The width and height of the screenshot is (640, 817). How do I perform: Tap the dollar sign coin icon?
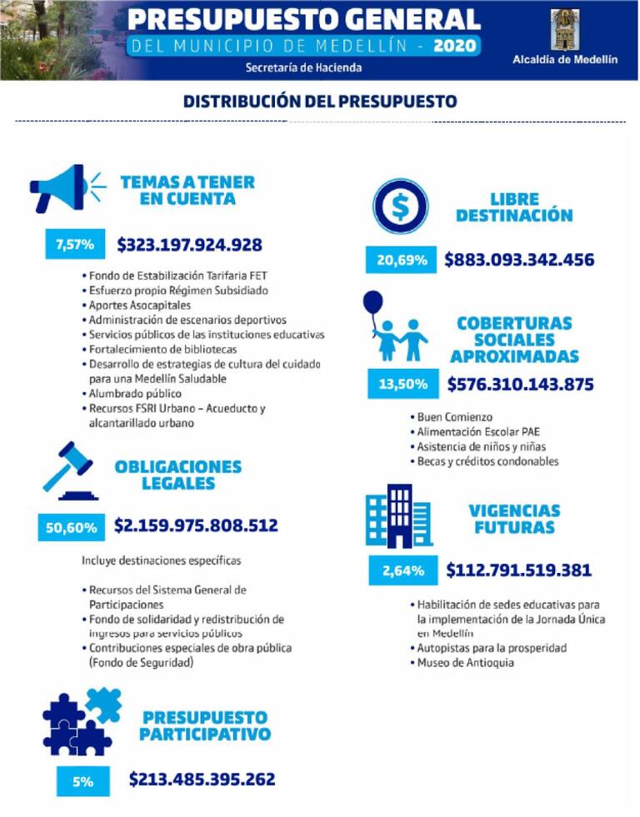(x=401, y=207)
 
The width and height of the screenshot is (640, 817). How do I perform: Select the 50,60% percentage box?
(x=71, y=527)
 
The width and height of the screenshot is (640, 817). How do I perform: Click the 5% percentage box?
(x=82, y=781)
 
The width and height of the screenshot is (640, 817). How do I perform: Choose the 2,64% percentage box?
(x=403, y=571)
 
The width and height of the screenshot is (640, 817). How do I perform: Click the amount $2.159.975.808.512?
(x=196, y=526)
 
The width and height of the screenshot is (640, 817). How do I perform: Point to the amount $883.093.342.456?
(x=519, y=260)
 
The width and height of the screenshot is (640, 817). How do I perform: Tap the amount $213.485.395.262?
(x=202, y=780)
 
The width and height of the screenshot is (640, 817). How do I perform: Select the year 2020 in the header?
(x=455, y=45)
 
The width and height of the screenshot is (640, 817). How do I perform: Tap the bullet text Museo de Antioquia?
(x=466, y=663)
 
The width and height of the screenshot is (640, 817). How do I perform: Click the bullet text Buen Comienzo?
(x=454, y=416)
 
